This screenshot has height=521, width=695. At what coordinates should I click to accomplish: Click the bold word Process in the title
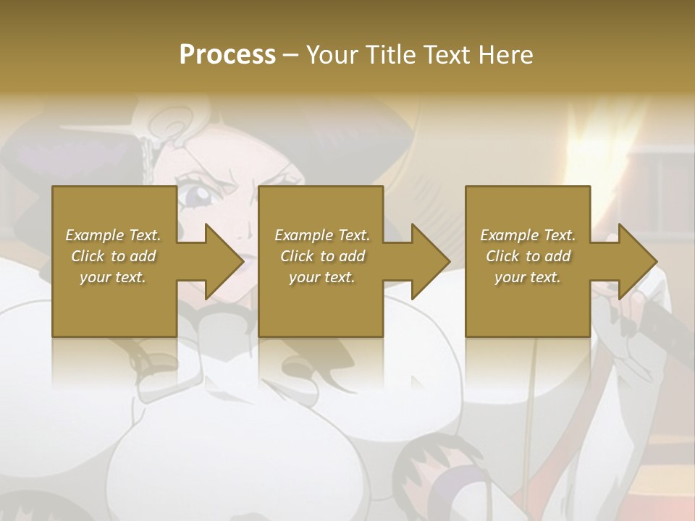227,55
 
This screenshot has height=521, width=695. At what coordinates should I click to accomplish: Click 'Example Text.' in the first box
113,235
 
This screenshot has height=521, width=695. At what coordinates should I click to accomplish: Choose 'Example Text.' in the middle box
322,235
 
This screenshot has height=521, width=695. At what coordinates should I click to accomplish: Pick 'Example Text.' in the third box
528,235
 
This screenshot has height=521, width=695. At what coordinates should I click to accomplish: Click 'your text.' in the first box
113,277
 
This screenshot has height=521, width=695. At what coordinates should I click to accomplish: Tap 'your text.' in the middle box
322,277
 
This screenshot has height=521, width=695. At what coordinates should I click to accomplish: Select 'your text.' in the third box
528,277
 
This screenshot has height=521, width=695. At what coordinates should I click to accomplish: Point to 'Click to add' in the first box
113,256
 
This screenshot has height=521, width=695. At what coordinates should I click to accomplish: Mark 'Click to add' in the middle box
322,256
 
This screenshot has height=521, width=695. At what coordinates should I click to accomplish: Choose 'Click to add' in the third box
528,256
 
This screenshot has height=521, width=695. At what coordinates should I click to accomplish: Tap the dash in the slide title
291,56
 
